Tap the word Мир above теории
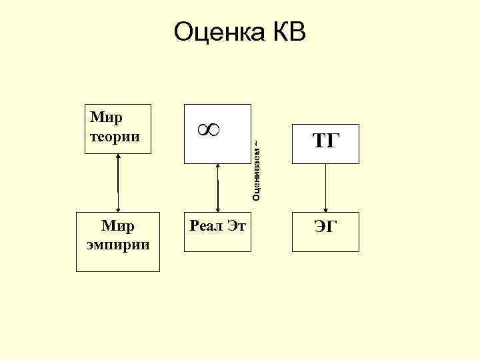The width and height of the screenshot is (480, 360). coord(105,118)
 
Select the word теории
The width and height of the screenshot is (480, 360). coord(114,137)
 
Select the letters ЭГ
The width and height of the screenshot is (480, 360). coord(325,228)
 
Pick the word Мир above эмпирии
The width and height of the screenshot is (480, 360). coord(117,225)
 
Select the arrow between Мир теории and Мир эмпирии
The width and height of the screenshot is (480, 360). coord(118,183)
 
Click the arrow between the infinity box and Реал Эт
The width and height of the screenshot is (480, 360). coord(218,188)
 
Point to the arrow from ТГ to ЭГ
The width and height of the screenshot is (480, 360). coord(325,187)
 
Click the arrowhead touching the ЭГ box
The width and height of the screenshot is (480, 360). coord(325,208)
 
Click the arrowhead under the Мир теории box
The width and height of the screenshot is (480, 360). coord(118,157)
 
